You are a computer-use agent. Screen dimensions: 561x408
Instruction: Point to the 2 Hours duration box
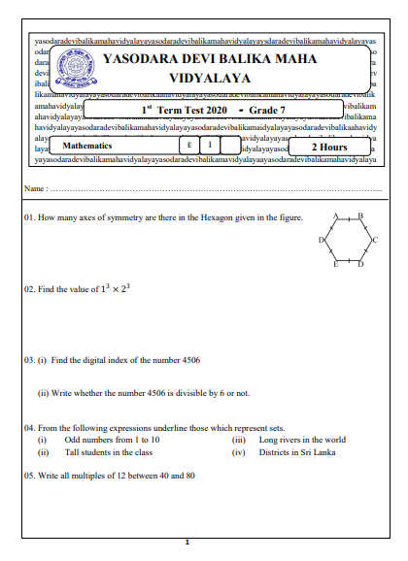click(x=328, y=147)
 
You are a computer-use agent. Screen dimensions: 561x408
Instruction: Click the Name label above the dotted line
click(x=35, y=186)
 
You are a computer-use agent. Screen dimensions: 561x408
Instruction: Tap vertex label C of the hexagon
click(x=374, y=239)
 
